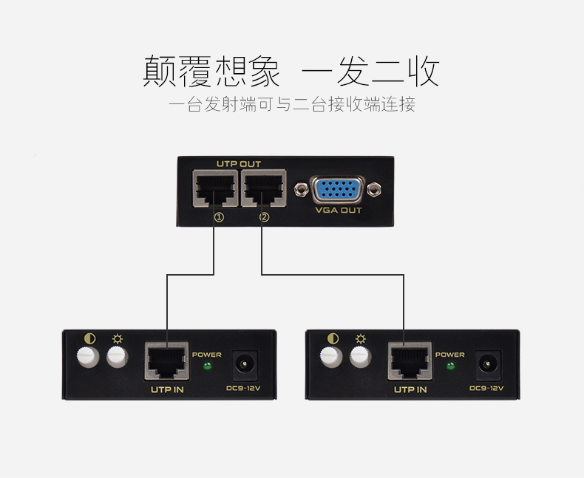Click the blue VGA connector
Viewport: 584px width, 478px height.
coord(337,189)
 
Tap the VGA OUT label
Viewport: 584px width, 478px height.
coord(339,211)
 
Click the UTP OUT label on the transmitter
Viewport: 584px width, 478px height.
coord(239,164)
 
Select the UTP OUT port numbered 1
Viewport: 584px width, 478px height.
coord(215,188)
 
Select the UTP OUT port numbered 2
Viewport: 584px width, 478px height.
coord(264,188)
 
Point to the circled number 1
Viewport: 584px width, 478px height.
coord(219,217)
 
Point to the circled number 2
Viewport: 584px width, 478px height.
coord(265,217)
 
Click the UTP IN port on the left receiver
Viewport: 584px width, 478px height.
coord(167,361)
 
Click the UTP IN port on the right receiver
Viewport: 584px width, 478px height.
coord(410,361)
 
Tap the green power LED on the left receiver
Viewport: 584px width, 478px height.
coord(207,366)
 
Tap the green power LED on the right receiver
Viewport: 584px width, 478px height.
coord(450,366)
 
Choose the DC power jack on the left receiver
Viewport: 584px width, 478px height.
coord(245,363)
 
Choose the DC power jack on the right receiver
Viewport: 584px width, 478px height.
coord(488,363)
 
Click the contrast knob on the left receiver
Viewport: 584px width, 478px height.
coord(88,357)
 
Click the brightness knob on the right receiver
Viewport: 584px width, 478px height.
coord(361,357)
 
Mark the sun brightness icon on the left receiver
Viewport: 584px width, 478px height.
coord(118,339)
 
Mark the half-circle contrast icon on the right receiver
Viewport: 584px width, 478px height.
coord(333,338)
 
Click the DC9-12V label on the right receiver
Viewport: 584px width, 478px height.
coord(486,389)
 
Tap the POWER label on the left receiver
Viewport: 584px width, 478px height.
coord(207,355)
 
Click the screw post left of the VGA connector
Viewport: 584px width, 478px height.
coord(301,189)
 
